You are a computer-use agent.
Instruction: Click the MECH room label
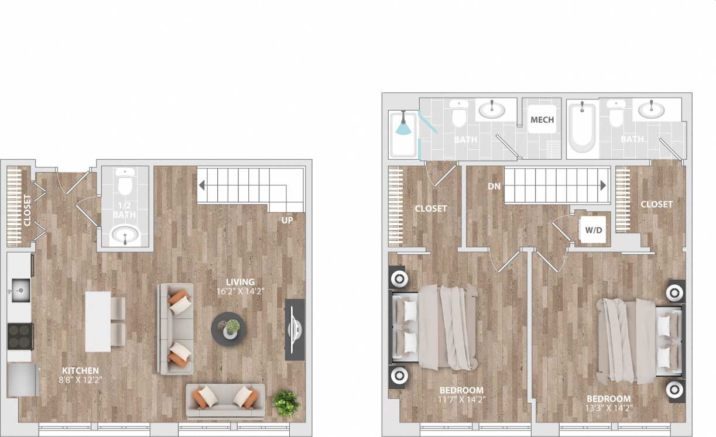tap(542, 120)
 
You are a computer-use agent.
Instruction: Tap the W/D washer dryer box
tap(594, 230)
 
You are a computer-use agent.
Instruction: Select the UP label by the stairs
tap(286, 221)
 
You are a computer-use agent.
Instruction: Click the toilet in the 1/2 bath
tap(125, 183)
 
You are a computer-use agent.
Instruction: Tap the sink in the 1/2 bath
tap(125, 236)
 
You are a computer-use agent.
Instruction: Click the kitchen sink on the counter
tap(20, 288)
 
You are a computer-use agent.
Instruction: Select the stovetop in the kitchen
tap(20, 336)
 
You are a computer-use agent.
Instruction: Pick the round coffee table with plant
tap(228, 329)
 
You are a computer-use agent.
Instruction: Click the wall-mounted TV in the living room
tap(294, 329)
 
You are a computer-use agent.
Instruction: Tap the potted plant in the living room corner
tap(286, 402)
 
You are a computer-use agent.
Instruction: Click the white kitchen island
tap(98, 321)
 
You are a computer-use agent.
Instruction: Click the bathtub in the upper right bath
tap(582, 127)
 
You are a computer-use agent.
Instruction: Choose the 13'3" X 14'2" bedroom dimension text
tap(609, 408)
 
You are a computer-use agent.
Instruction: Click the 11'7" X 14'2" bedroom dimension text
tap(462, 400)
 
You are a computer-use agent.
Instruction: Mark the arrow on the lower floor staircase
tap(202, 186)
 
